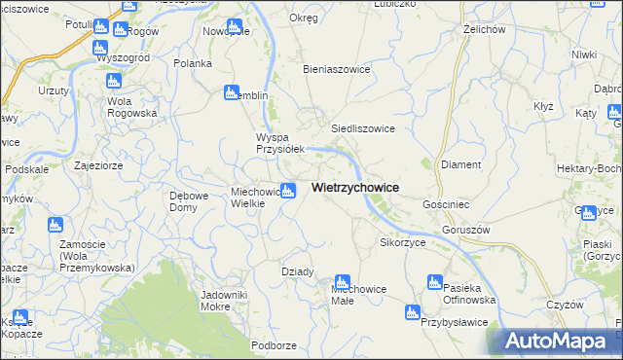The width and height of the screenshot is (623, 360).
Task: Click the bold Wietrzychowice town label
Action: (355, 188)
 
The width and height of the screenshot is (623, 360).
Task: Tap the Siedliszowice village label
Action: (362, 128)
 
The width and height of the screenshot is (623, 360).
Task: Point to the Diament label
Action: (461, 164)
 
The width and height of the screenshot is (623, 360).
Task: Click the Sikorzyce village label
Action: (403, 242)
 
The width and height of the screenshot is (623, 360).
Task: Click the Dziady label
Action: (298, 271)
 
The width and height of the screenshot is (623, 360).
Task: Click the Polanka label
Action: (193, 63)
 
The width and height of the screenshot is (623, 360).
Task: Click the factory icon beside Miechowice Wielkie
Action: (288, 191)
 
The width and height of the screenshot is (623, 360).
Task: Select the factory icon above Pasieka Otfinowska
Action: (435, 282)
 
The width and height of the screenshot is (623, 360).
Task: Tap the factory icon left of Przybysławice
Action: (412, 313)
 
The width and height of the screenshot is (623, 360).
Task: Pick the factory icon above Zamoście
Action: (55, 226)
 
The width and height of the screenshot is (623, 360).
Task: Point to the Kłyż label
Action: (543, 106)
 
